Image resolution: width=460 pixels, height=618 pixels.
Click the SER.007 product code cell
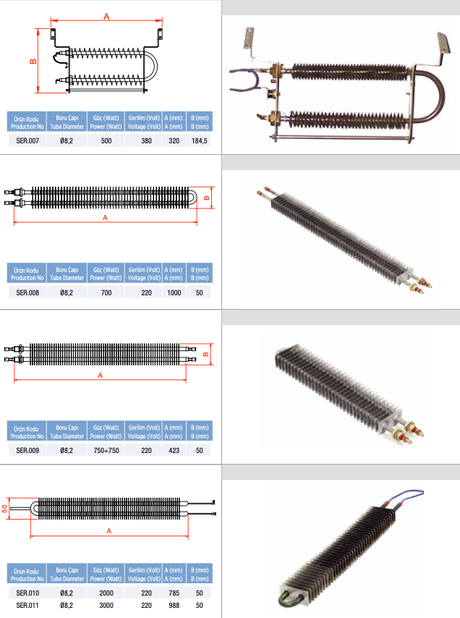pos(27,140)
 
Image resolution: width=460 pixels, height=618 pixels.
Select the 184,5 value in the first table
pos(200,140)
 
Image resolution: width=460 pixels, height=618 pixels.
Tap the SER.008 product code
pos(27,293)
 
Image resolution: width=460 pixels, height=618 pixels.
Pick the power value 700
pos(106,293)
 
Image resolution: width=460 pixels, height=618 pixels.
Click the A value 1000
pos(174,293)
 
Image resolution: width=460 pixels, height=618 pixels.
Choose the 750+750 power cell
pos(106,451)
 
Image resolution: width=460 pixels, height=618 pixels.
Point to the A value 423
pos(174,451)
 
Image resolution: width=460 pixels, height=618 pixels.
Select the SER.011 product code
pos(27,606)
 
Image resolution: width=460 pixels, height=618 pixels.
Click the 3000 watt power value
pos(106,606)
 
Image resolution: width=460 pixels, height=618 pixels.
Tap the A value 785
pos(174,593)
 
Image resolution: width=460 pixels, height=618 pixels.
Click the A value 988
pos(174,606)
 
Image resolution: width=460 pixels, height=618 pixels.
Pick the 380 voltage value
pos(147,140)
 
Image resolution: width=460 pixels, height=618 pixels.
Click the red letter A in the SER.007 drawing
pos(106,17)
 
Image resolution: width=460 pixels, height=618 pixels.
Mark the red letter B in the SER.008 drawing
pos(207,198)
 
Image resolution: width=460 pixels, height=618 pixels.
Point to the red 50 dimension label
pos(4,509)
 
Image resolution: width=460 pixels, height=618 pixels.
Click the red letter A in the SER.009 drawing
pos(101,375)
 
